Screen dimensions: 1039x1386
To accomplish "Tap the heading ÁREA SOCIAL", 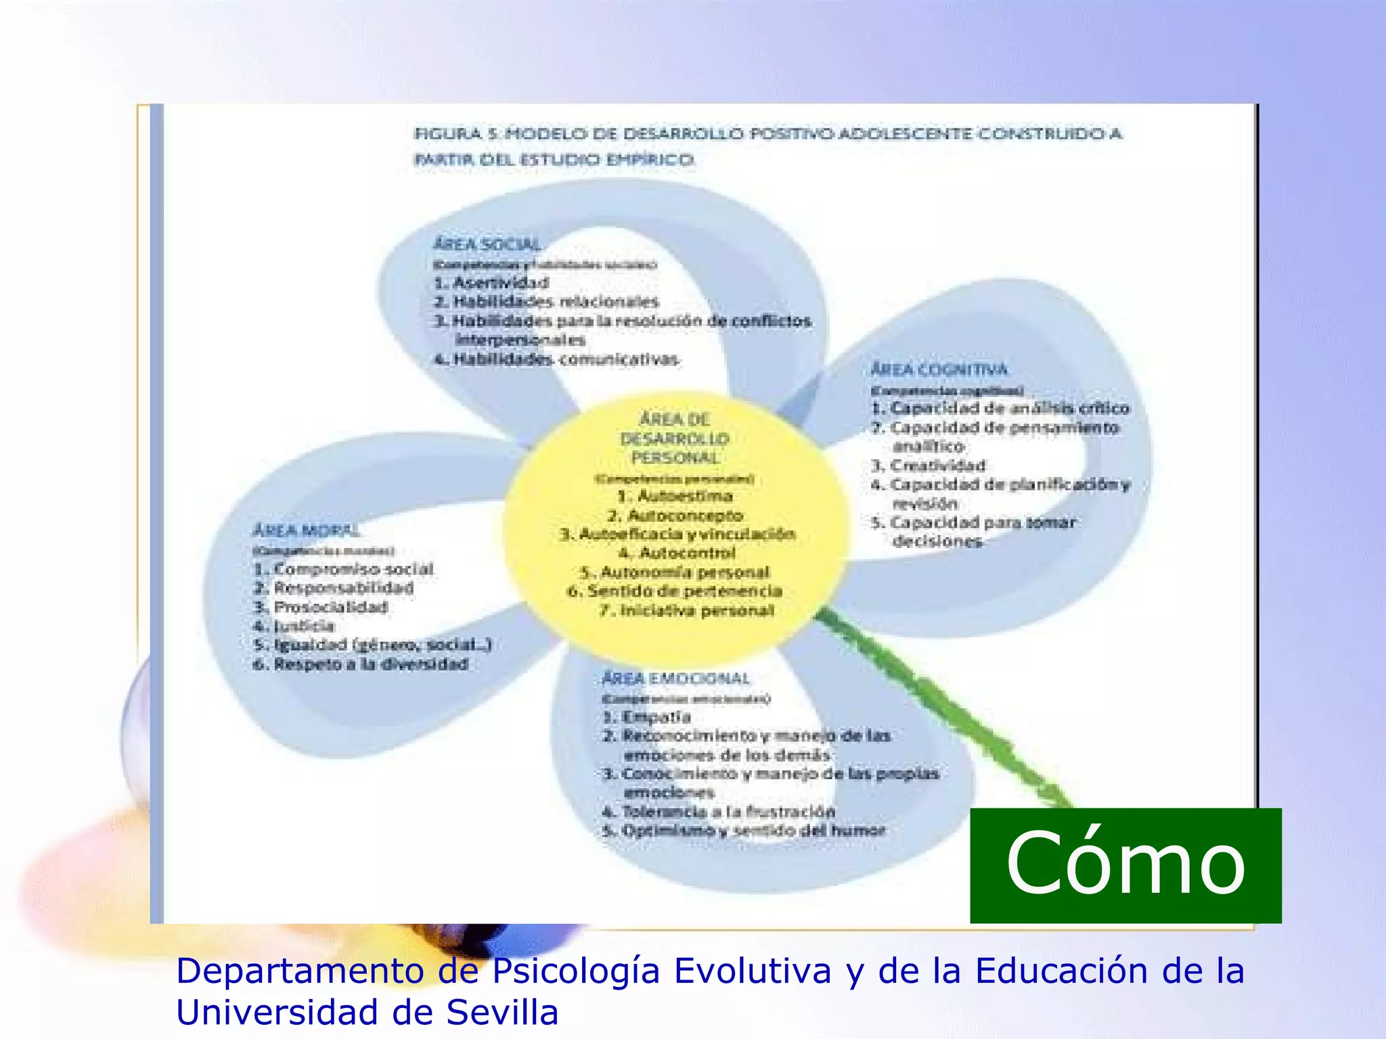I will pyautogui.click(x=487, y=244).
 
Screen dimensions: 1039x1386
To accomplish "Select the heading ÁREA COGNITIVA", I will pyautogui.click(x=939, y=369).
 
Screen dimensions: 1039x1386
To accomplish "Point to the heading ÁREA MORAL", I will pyautogui.click(x=306, y=531).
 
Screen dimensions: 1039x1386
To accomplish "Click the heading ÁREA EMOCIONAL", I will pyautogui.click(x=675, y=678).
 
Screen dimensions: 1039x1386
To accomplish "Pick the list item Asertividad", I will pyautogui.click(x=492, y=283).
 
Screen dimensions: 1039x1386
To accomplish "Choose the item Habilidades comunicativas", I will pyautogui.click(x=557, y=359).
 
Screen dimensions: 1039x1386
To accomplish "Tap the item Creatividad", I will pyautogui.click(x=929, y=465).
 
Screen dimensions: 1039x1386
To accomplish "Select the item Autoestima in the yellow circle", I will pyautogui.click(x=675, y=496).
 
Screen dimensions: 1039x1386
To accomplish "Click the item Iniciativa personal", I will pyautogui.click(x=687, y=611).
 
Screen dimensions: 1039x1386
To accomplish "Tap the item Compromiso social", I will pyautogui.click(x=344, y=569).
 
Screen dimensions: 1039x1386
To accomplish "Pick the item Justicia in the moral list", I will pyautogui.click(x=295, y=626).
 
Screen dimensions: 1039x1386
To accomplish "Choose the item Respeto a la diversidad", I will pyautogui.click(x=361, y=664).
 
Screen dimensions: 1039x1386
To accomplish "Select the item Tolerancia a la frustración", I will pyautogui.click(x=719, y=812).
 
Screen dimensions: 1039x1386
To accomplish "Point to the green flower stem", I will pyautogui.click(x=947, y=710).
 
